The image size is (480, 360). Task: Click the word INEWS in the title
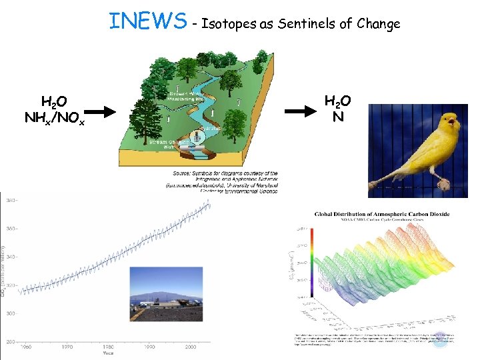pos(148,21)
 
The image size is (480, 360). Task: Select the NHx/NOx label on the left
pos(54,118)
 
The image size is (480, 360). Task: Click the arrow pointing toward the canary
pos(301,110)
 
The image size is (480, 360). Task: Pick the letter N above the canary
pos(338,117)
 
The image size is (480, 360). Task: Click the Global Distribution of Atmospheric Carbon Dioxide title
pos(382,215)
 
